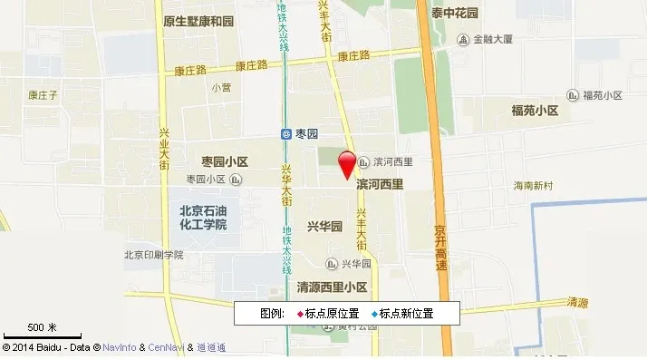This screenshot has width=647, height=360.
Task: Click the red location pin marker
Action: [x=347, y=165]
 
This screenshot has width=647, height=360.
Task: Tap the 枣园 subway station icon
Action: [x=286, y=133]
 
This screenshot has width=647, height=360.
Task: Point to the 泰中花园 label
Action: [x=455, y=14]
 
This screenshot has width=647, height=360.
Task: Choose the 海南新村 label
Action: [x=539, y=185]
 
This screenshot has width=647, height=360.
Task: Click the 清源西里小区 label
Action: [x=332, y=287]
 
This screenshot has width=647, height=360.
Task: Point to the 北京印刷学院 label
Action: [x=153, y=255]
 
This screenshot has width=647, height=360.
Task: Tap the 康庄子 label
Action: [x=43, y=93]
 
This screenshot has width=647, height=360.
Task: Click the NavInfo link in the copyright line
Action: [x=119, y=348]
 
